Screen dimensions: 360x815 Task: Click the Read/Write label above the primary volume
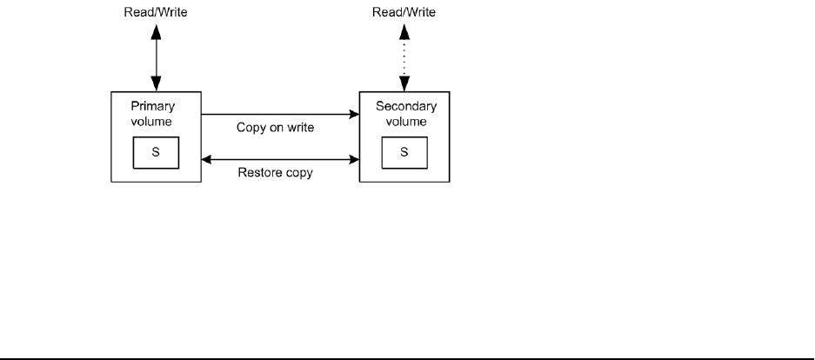[156, 13]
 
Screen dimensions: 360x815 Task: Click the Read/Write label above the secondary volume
[404, 13]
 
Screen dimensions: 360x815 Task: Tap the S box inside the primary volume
[156, 152]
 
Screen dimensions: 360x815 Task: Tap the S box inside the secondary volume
[404, 152]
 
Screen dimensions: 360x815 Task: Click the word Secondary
[404, 108]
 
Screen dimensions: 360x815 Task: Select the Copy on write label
[275, 127]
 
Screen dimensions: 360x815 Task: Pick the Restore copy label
[275, 172]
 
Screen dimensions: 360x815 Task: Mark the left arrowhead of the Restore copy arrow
[207, 159]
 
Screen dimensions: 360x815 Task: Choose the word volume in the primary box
[156, 122]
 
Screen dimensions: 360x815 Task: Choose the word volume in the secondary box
[404, 122]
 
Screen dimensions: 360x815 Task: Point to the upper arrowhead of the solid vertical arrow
[156, 30]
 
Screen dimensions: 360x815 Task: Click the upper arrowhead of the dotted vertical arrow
[404, 30]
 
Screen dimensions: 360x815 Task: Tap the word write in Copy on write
[298, 127]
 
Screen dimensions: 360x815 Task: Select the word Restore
[257, 172]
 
